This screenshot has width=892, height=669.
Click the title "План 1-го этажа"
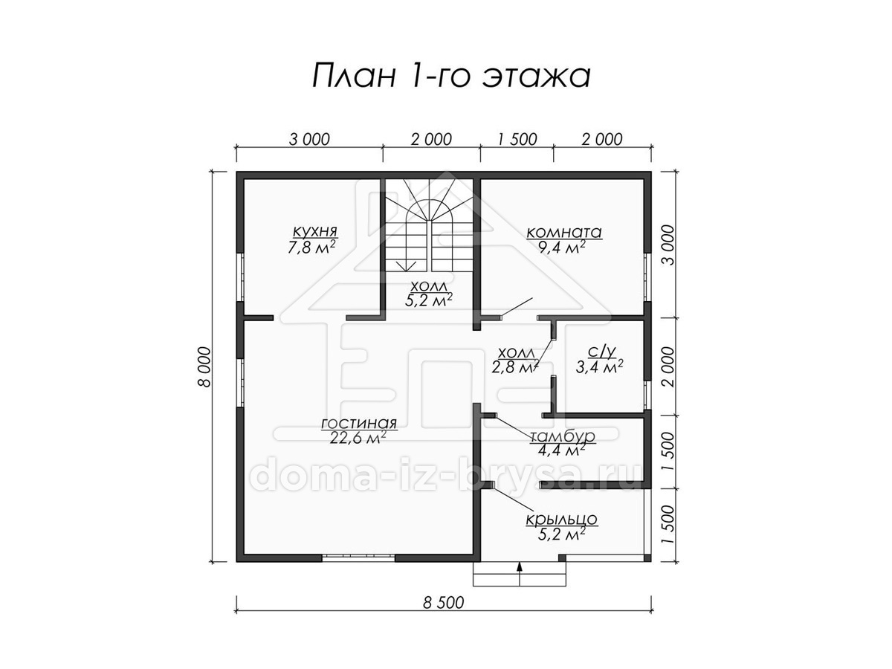pyautogui.click(x=451, y=75)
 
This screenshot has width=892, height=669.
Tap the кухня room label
pyautogui.click(x=315, y=231)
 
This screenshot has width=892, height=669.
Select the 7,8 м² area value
pyautogui.click(x=311, y=247)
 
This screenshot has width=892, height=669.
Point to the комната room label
pyautogui.click(x=564, y=233)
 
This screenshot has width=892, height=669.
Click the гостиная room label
pyautogui.click(x=359, y=423)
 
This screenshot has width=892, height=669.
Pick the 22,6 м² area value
pyautogui.click(x=358, y=439)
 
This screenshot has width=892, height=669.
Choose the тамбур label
pyautogui.click(x=563, y=436)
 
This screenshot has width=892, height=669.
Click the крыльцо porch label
pyautogui.click(x=562, y=520)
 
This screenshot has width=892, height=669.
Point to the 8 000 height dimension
pyautogui.click(x=206, y=366)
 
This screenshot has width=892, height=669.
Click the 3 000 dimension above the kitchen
pyautogui.click(x=309, y=139)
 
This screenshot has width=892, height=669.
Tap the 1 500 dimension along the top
pyautogui.click(x=517, y=139)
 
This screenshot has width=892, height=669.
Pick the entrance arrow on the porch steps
pyautogui.click(x=520, y=574)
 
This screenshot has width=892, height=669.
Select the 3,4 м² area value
pyautogui.click(x=600, y=367)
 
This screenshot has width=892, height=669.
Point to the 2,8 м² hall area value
pyautogui.click(x=515, y=366)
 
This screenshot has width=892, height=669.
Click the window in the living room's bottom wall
pyautogui.click(x=359, y=557)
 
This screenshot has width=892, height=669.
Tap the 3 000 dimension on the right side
pyautogui.click(x=668, y=245)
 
